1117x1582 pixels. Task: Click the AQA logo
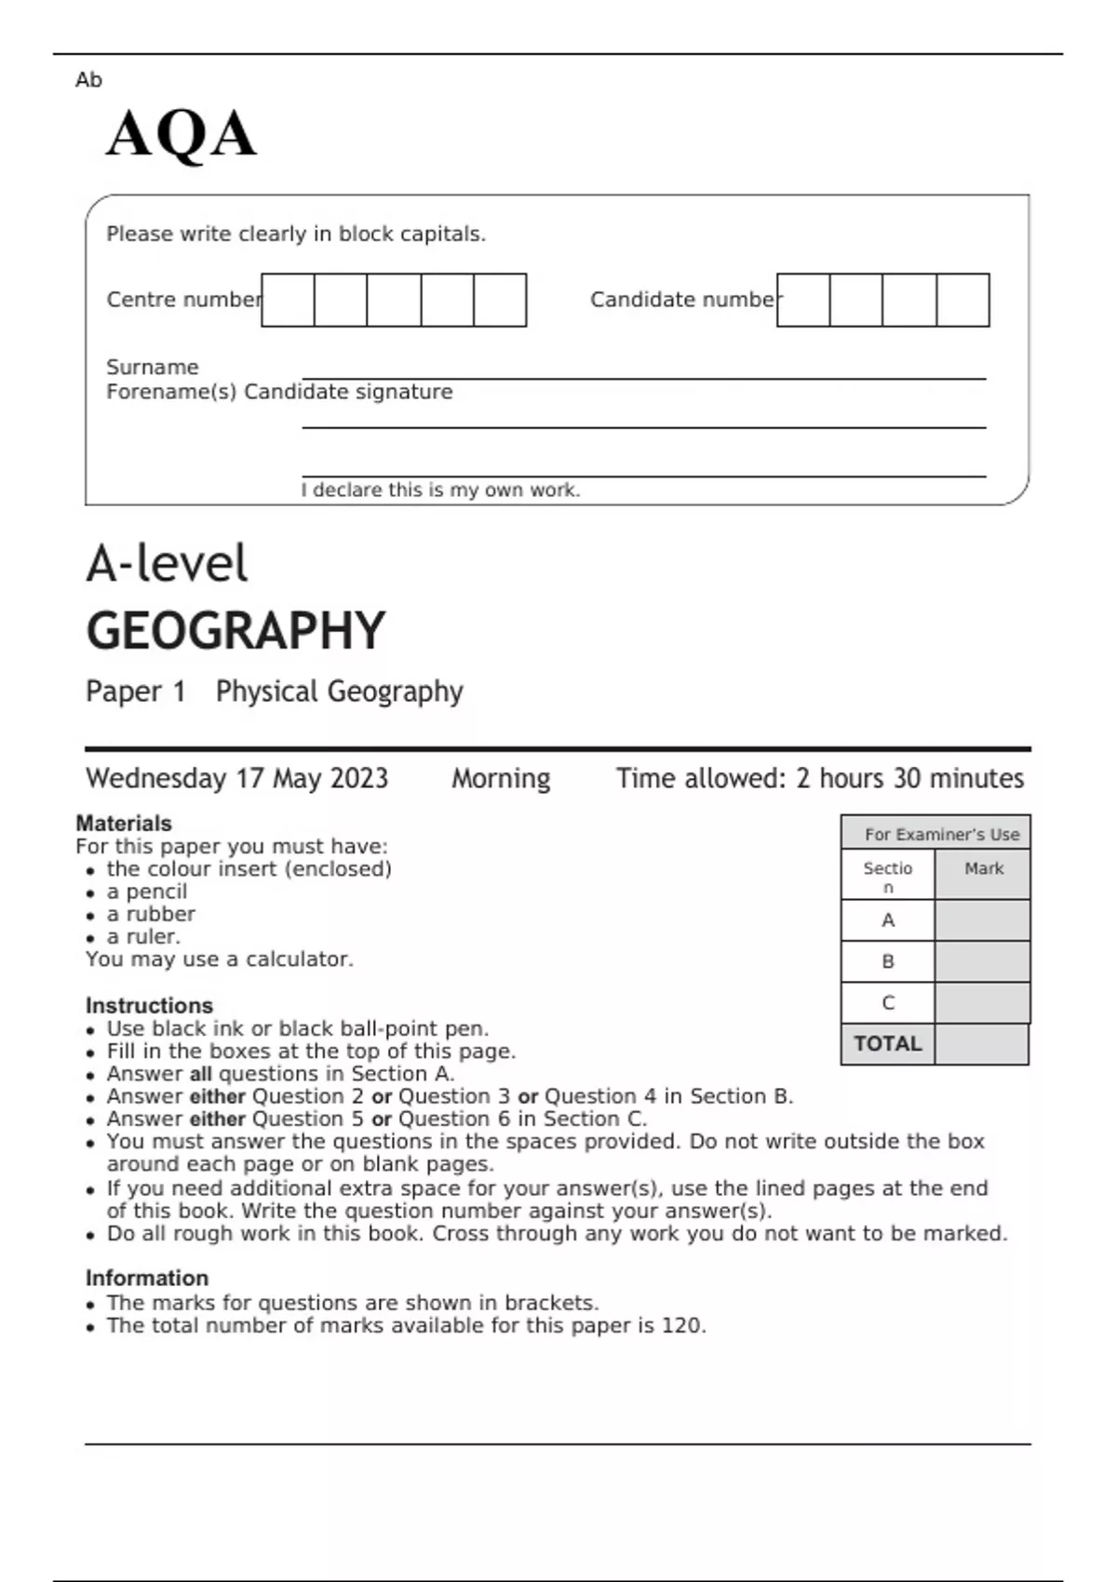point(181,134)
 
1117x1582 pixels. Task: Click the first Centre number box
point(288,300)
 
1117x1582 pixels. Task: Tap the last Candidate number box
point(962,300)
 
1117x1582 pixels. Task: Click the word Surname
point(152,367)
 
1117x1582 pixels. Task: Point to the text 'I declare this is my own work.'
point(440,490)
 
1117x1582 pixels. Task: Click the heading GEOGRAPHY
point(236,631)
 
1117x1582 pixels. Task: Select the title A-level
point(167,564)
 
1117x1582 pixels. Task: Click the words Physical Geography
point(339,691)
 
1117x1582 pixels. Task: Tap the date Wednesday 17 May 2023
point(236,778)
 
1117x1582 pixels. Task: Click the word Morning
point(501,778)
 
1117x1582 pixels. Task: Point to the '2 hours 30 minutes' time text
point(909,778)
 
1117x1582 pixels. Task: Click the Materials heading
point(124,824)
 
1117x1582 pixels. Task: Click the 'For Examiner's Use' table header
point(941,835)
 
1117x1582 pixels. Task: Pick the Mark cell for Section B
point(982,961)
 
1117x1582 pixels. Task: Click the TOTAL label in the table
point(887,1044)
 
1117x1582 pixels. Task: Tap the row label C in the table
point(887,1003)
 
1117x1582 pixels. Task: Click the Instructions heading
point(149,1006)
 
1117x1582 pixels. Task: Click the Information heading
point(146,1279)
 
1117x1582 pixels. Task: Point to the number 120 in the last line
point(681,1325)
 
